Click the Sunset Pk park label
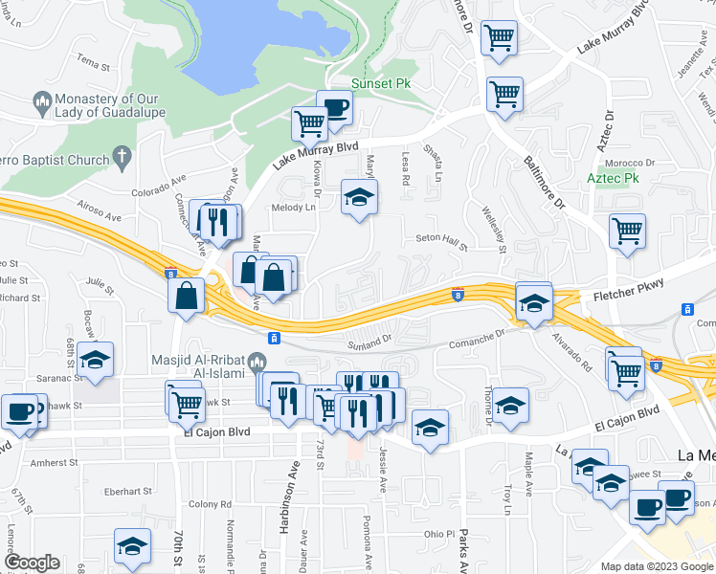click(x=381, y=84)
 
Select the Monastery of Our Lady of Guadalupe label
click(x=107, y=108)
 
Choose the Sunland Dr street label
click(x=371, y=340)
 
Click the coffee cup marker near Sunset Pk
click(x=334, y=107)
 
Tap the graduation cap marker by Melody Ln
click(x=360, y=197)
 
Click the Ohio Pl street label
click(x=439, y=535)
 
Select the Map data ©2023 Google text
click(x=656, y=565)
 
